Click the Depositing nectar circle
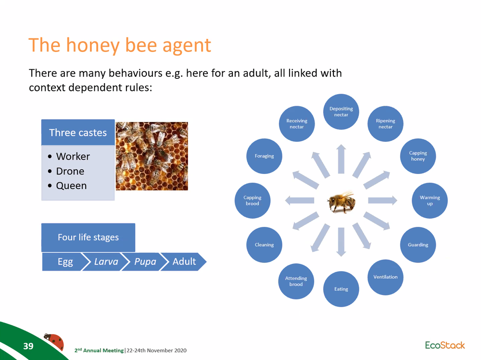click(x=341, y=112)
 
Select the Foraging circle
click(x=264, y=156)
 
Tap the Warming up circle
click(x=430, y=200)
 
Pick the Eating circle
click(x=341, y=289)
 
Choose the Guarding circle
click(x=418, y=245)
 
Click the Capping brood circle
click(x=253, y=200)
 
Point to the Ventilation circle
click(x=385, y=277)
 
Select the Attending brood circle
click(x=296, y=281)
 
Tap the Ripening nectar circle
click(x=385, y=124)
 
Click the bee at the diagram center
click(x=342, y=202)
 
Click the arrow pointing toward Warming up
click(x=382, y=200)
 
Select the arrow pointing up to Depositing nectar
click(x=341, y=159)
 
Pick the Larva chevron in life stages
click(x=104, y=261)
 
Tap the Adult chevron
click(x=184, y=261)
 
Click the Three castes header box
click(x=78, y=133)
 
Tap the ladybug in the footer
click(x=54, y=341)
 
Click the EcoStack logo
click(x=445, y=345)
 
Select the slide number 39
click(x=28, y=346)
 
